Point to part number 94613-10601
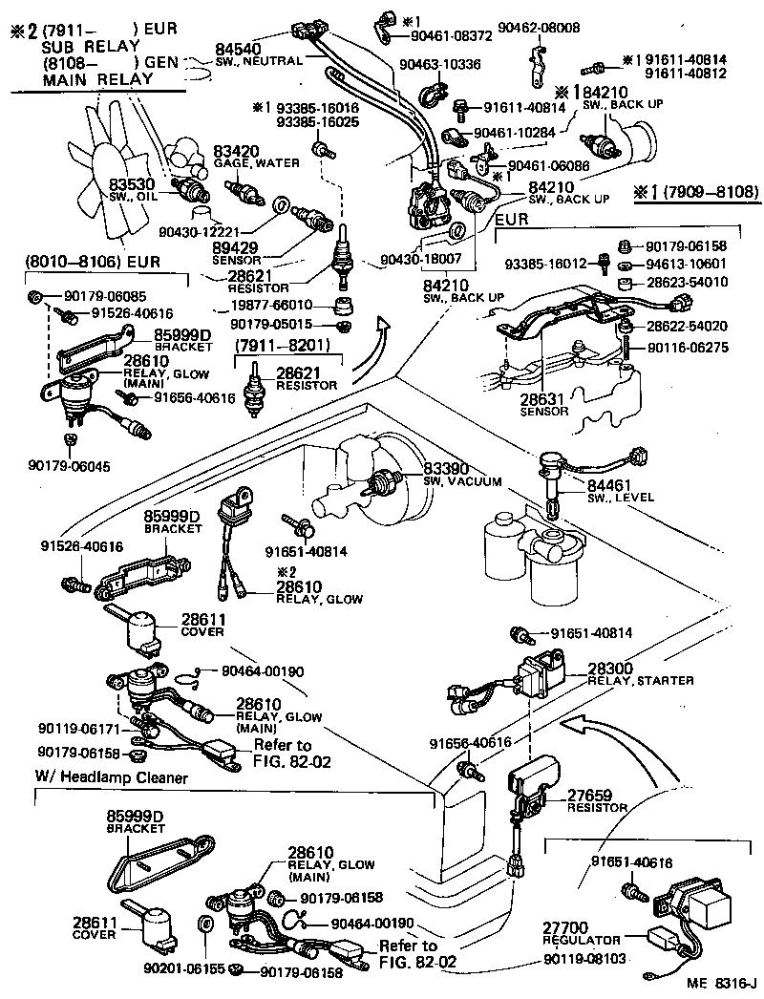tap(680, 264)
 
